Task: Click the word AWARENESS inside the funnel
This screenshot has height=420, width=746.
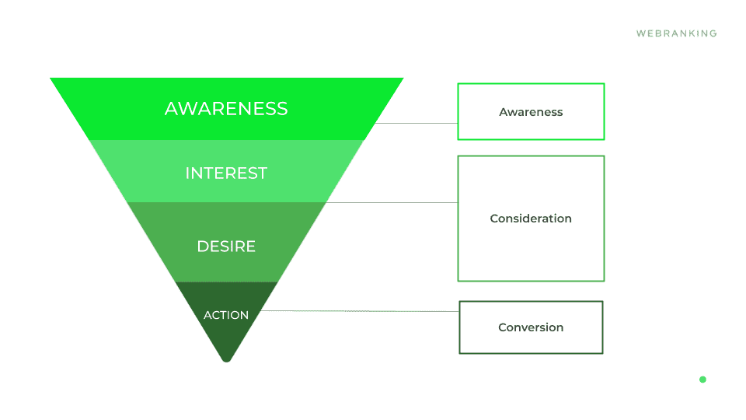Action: point(226,109)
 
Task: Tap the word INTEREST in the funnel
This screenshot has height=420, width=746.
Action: point(226,173)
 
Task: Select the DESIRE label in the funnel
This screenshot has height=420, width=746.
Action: point(226,247)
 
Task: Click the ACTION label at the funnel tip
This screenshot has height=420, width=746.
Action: point(226,315)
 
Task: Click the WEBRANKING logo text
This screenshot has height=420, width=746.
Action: point(676,33)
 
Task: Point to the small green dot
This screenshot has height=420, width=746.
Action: point(702,380)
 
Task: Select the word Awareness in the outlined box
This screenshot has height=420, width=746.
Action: point(531,112)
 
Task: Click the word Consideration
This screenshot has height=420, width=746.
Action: point(531,219)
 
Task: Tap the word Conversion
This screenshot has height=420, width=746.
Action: point(531,327)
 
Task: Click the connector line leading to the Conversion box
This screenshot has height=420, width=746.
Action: point(357,311)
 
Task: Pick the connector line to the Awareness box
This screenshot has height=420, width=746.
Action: point(417,123)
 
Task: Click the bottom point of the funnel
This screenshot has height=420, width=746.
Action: point(227,360)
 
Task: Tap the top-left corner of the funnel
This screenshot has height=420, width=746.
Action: point(52,79)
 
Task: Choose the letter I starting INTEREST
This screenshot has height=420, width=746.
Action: point(187,173)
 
